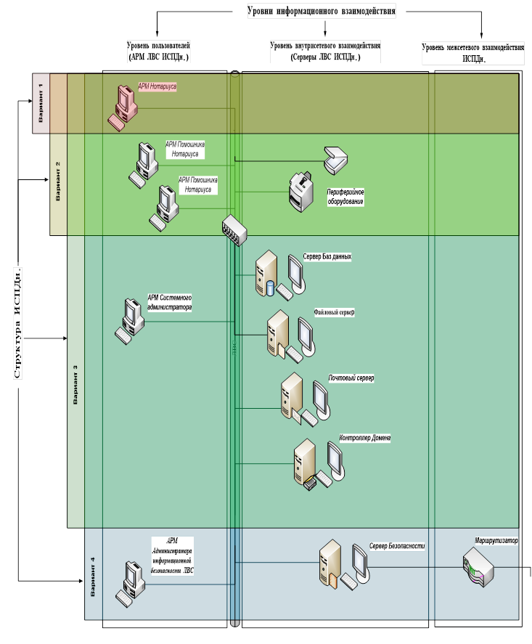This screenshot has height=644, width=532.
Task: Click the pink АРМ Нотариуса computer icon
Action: pos(124,105)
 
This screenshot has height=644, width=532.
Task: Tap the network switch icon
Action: pos(234,229)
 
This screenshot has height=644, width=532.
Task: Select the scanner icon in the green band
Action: pos(337,160)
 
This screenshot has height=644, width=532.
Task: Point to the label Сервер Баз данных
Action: pos(327,256)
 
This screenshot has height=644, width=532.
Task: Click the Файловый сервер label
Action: pos(334,312)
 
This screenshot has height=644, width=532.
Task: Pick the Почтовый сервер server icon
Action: pos(293,396)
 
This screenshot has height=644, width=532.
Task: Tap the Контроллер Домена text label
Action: pos(365,438)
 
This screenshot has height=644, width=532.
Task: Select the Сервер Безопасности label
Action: pos(396,545)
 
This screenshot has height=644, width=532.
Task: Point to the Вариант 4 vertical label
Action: pos(92,576)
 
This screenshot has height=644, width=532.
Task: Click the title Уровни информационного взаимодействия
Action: pos(322,11)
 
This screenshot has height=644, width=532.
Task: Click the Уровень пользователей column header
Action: pos(158,51)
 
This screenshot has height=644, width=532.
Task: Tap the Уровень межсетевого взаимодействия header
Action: pos(472,52)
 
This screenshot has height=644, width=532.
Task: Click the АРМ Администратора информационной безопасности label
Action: pos(172,555)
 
